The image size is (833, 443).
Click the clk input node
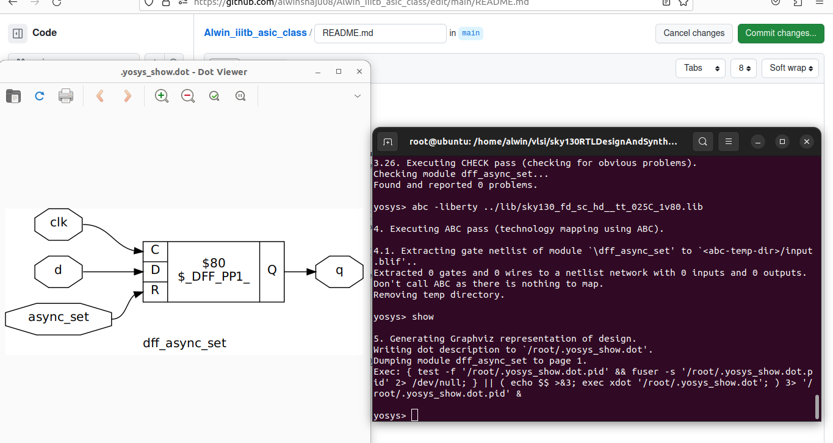pyautogui.click(x=59, y=223)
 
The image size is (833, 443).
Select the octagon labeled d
pyautogui.click(x=59, y=270)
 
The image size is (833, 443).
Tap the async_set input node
pyautogui.click(x=59, y=317)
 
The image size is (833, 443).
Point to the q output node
pyautogui.click(x=339, y=270)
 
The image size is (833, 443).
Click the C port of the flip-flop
pyautogui.click(x=155, y=250)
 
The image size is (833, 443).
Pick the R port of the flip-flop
pyautogui.click(x=155, y=290)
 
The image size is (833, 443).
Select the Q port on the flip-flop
pyautogui.click(x=272, y=270)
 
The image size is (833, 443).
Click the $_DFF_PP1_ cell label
pyautogui.click(x=214, y=276)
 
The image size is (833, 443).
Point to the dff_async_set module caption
pyautogui.click(x=184, y=343)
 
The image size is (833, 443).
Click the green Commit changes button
pyautogui.click(x=781, y=33)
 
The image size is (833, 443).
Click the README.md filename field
pyautogui.click(x=380, y=33)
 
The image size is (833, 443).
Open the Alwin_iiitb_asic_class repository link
pyautogui.click(x=255, y=33)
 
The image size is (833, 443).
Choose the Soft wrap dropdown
pyautogui.click(x=790, y=68)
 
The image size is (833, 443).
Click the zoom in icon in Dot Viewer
pyautogui.click(x=161, y=96)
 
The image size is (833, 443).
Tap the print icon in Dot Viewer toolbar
pyautogui.click(x=66, y=96)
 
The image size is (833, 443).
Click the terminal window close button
pyautogui.click(x=807, y=142)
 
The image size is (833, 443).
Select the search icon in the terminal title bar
pyautogui.click(x=703, y=142)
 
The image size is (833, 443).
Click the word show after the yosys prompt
pyautogui.click(x=423, y=317)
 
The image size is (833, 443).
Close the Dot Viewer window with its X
pyautogui.click(x=359, y=72)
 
